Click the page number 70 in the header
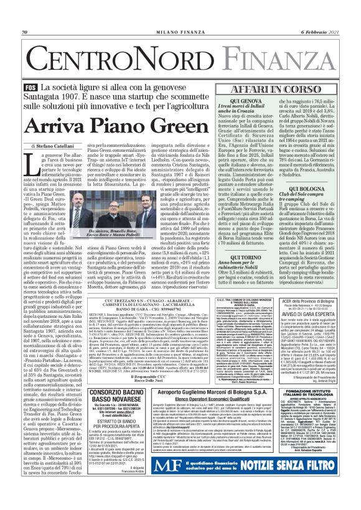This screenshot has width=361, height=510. pyautogui.click(x=26, y=32)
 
